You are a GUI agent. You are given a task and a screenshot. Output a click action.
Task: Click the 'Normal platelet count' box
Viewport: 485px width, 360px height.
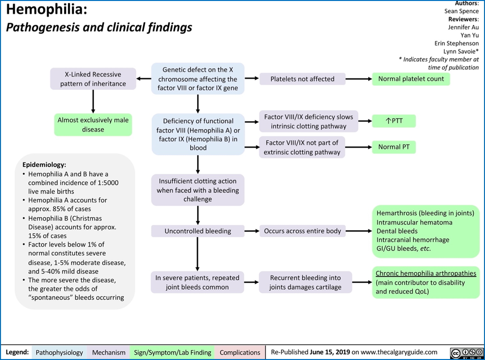[x=411, y=79]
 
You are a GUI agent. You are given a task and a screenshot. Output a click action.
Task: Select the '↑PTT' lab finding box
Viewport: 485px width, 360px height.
[x=394, y=121]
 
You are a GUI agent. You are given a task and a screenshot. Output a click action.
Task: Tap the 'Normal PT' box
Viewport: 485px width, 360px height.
[x=394, y=147]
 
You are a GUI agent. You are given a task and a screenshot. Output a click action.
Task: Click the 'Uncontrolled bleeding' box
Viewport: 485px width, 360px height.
[x=198, y=231]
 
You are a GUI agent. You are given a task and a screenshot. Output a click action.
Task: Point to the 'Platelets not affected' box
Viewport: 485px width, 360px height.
[x=302, y=79]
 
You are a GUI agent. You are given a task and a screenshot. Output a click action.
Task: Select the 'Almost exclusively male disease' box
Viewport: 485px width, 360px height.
[x=93, y=125]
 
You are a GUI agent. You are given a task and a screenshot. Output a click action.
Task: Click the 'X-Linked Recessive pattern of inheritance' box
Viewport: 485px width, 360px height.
[x=93, y=79]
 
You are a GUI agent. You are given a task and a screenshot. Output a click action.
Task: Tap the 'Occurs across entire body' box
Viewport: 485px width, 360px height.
[x=302, y=231]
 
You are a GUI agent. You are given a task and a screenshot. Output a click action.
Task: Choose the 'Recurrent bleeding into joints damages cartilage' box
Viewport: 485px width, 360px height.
[x=305, y=282]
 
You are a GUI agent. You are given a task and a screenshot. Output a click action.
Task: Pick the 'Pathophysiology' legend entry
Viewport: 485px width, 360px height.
[x=59, y=352]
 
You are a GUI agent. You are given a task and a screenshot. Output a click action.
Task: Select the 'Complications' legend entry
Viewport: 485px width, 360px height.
[x=240, y=352]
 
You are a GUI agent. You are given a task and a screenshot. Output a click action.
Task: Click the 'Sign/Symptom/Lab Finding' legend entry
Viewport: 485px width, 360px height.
[x=173, y=352]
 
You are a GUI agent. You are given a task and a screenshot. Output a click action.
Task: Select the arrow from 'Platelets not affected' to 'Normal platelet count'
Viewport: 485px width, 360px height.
[x=358, y=79]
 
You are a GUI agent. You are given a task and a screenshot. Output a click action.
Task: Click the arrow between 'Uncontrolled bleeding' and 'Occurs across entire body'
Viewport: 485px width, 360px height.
[x=251, y=231]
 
